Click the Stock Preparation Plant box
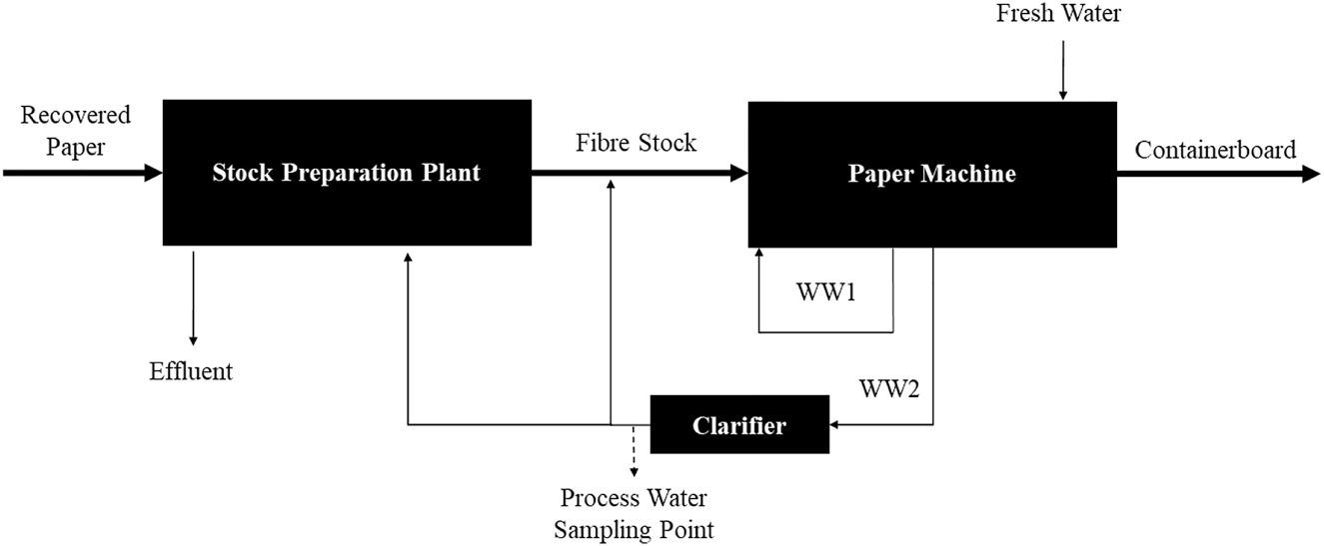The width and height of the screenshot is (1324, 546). [x=347, y=173]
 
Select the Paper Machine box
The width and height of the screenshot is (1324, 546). [x=931, y=174]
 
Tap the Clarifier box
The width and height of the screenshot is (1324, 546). [x=739, y=425]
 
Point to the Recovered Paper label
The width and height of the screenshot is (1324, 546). [x=75, y=131]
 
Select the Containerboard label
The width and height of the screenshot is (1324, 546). [x=1215, y=151]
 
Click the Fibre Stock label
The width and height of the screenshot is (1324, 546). [x=636, y=143]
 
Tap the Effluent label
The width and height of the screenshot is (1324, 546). [x=191, y=371]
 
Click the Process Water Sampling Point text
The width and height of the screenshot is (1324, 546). [x=635, y=513]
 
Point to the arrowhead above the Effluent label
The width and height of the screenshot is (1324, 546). [x=193, y=340]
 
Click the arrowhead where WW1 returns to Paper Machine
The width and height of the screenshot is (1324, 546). [x=759, y=256]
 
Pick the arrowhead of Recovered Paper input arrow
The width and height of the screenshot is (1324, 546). [x=153, y=174]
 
